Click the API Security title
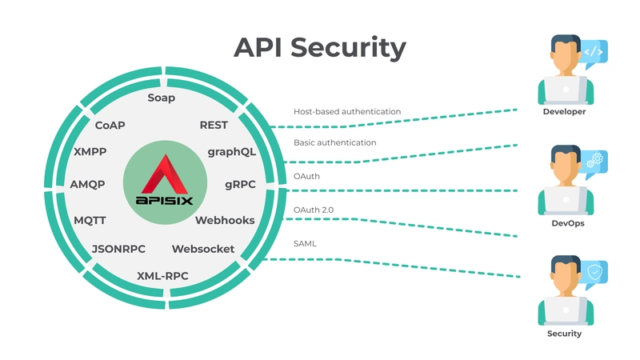(319, 48)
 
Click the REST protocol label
(214, 125)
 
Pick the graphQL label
(231, 151)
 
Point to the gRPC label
(240, 184)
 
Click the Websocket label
(202, 249)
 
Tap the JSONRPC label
(118, 249)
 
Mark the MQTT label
(90, 220)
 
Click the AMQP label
(88, 184)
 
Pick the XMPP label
(90, 151)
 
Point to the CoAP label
(110, 125)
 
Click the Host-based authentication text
(347, 112)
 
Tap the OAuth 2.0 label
(313, 210)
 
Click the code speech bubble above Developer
(593, 53)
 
